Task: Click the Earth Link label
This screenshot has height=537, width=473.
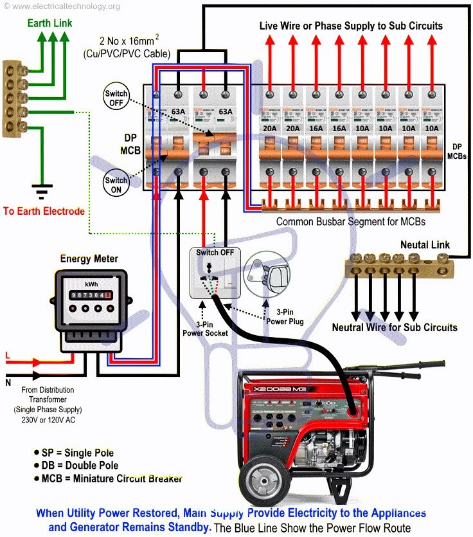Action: click(x=49, y=23)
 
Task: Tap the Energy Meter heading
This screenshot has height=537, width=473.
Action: click(x=89, y=259)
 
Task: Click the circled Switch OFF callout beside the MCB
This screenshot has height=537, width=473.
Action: click(x=116, y=97)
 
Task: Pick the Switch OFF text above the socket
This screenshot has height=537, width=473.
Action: click(x=215, y=252)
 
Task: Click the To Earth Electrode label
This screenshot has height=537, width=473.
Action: click(x=43, y=211)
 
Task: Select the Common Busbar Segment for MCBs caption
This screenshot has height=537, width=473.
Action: click(x=351, y=222)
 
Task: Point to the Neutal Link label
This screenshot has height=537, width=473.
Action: click(x=425, y=245)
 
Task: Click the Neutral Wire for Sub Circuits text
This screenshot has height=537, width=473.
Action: click(x=395, y=327)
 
